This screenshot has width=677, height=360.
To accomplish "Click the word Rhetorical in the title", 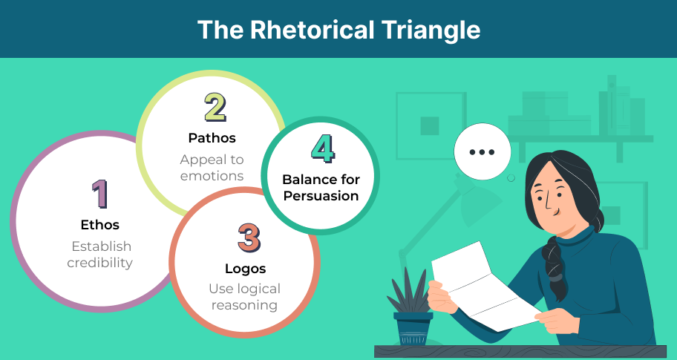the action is click(313, 30).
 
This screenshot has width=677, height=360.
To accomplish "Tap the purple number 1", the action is click(99, 194).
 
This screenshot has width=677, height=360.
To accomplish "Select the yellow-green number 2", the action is click(215, 108).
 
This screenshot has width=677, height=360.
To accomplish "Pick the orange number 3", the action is click(249, 238).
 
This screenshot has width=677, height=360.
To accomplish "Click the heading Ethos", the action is click(99, 225).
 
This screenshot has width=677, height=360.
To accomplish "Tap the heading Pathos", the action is click(212, 138).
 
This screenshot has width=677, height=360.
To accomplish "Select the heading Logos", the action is click(245, 269).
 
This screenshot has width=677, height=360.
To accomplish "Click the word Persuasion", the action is click(321, 196).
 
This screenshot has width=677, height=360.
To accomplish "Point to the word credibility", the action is click(99, 263).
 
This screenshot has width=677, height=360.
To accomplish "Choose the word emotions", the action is click(212, 176).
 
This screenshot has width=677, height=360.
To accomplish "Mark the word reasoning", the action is click(244, 306).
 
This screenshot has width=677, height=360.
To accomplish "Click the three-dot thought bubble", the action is click(483, 151).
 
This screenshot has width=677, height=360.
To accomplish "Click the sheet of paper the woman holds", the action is click(483, 287).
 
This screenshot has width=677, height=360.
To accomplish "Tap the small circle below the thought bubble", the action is click(511, 178).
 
